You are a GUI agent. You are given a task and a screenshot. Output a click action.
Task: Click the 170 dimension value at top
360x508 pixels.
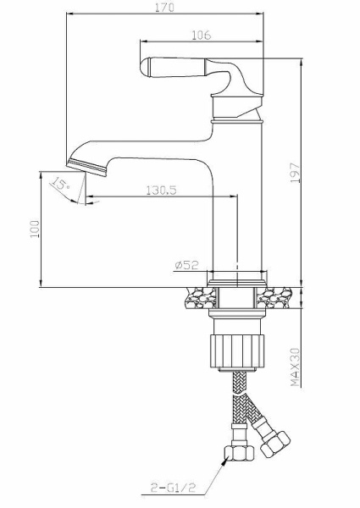(x=164, y=7)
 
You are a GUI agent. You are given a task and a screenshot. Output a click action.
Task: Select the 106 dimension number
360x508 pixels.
(x=201, y=35)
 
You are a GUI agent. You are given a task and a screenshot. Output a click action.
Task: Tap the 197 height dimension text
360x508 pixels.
(x=295, y=173)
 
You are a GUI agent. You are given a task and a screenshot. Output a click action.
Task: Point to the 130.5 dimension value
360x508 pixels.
(x=161, y=190)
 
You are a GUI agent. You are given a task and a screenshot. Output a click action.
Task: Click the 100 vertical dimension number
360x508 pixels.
(x=35, y=229)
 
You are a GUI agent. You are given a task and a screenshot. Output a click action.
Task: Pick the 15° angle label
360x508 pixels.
(x=60, y=184)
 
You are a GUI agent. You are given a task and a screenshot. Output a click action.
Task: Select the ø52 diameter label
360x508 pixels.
(x=186, y=265)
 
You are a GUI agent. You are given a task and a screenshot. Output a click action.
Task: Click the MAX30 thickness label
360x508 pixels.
(x=295, y=367)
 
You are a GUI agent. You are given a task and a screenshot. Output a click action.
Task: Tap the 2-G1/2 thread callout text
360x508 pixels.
(x=174, y=488)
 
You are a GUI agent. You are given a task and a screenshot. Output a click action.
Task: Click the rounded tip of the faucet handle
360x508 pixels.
(x=146, y=68)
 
